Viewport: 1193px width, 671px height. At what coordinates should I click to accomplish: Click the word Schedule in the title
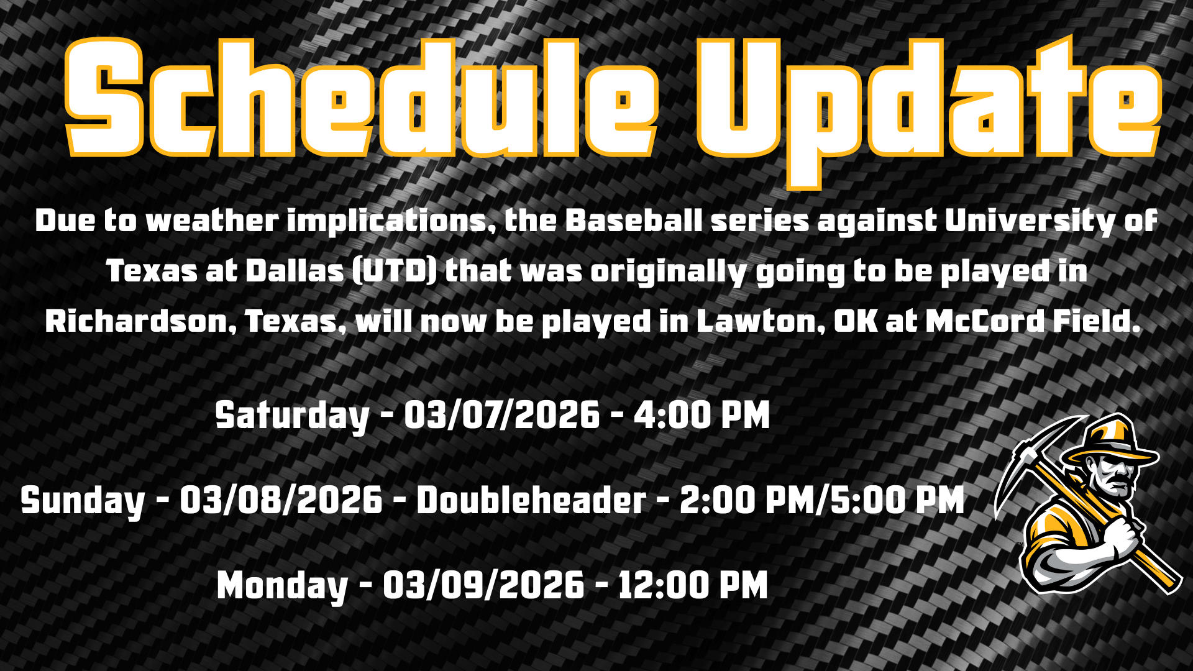tap(360, 99)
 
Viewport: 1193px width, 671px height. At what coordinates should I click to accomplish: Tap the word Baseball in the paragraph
tap(634, 221)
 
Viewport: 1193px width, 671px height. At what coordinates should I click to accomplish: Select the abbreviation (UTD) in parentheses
tap(395, 271)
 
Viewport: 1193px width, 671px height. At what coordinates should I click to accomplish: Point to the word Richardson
tap(140, 321)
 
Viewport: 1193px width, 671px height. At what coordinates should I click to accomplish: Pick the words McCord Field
tap(1033, 321)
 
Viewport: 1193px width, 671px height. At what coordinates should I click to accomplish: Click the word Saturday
tap(292, 415)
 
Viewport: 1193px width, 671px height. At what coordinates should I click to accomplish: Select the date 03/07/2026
tap(502, 415)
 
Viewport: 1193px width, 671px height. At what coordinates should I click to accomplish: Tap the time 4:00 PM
tap(702, 415)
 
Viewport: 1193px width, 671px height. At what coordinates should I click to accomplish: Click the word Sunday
tap(83, 501)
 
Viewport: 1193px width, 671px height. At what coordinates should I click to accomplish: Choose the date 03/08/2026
tap(281, 501)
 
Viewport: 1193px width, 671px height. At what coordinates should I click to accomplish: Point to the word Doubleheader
tap(531, 501)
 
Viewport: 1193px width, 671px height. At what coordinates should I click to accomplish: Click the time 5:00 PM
tap(897, 501)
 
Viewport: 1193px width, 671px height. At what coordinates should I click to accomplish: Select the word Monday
tap(282, 586)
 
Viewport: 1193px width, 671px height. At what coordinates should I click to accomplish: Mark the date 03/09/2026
tap(483, 586)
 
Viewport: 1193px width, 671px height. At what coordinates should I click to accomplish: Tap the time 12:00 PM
tap(693, 586)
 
